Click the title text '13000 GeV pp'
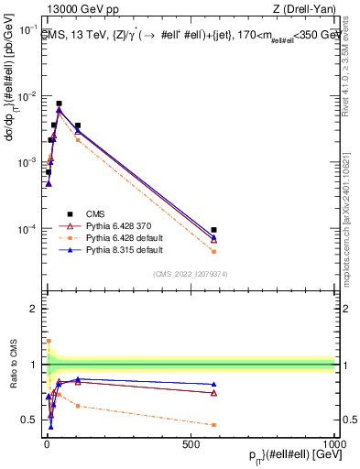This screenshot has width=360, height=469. pyautogui.click(x=73, y=9)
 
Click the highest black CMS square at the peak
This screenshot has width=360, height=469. pyautogui.click(x=59, y=104)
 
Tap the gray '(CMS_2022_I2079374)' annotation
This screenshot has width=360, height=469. pyautogui.click(x=190, y=272)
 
